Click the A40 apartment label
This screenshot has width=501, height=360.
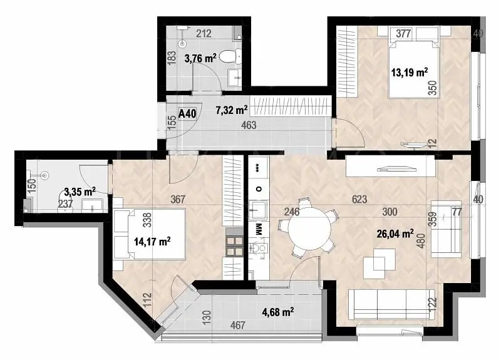pyautogui.click(x=187, y=113)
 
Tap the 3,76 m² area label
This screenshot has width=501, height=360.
pyautogui.click(x=200, y=58)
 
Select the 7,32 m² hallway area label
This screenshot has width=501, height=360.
pyautogui.click(x=232, y=110)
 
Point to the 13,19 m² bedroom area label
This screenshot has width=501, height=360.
pyautogui.click(x=410, y=73)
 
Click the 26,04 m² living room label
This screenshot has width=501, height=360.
pyautogui.click(x=395, y=234)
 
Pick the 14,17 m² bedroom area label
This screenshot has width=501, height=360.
pyautogui.click(x=152, y=241)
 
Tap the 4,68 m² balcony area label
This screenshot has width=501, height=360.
pyautogui.click(x=278, y=312)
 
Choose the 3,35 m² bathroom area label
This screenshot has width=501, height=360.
pyautogui.click(x=80, y=192)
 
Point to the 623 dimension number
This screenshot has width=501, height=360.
pyautogui.click(x=359, y=199)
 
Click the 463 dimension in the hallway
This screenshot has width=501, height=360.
pyautogui.click(x=249, y=125)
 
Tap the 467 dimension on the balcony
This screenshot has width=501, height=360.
pyautogui.click(x=238, y=325)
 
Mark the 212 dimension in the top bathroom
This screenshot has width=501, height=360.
pyautogui.click(x=204, y=33)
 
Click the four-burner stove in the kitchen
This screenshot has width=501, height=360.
pyautogui.click(x=234, y=245)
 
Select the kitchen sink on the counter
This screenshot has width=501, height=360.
pyautogui.click(x=257, y=210)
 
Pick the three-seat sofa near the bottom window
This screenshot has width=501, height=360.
pyautogui.click(x=391, y=304)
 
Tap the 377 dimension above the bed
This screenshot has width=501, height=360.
pyautogui.click(x=403, y=33)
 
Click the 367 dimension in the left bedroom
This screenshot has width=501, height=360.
pyautogui.click(x=178, y=199)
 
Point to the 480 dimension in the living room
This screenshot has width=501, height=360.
pyautogui.click(x=421, y=240)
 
